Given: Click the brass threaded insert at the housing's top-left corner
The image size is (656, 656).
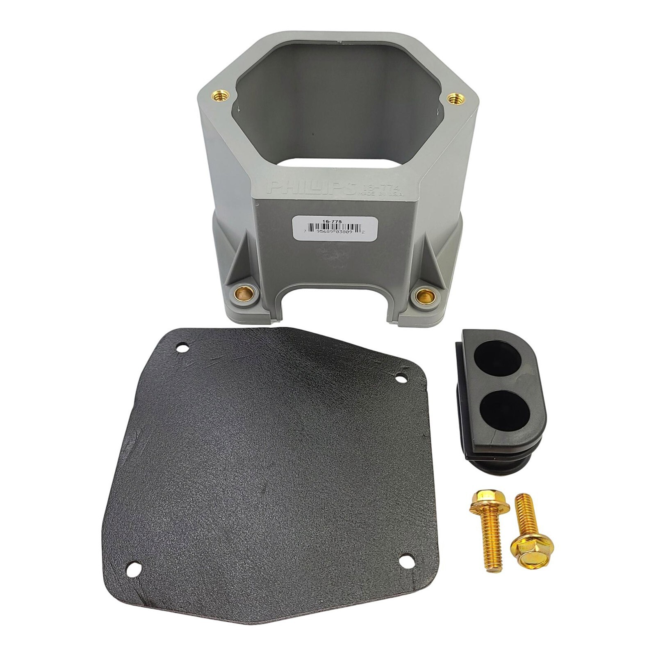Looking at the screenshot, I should click(x=218, y=96).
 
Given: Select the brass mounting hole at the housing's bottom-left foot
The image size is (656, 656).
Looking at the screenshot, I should click(x=244, y=294).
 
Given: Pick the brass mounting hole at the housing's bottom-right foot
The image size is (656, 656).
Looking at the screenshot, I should click(x=424, y=295).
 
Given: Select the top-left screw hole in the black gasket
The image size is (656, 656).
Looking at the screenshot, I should click(x=182, y=348).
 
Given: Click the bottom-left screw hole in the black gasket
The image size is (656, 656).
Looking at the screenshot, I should click(x=134, y=569).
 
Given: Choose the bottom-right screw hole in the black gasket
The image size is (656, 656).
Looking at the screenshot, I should click(x=407, y=561).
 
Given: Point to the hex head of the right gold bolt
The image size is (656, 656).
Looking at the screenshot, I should click(x=532, y=546).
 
